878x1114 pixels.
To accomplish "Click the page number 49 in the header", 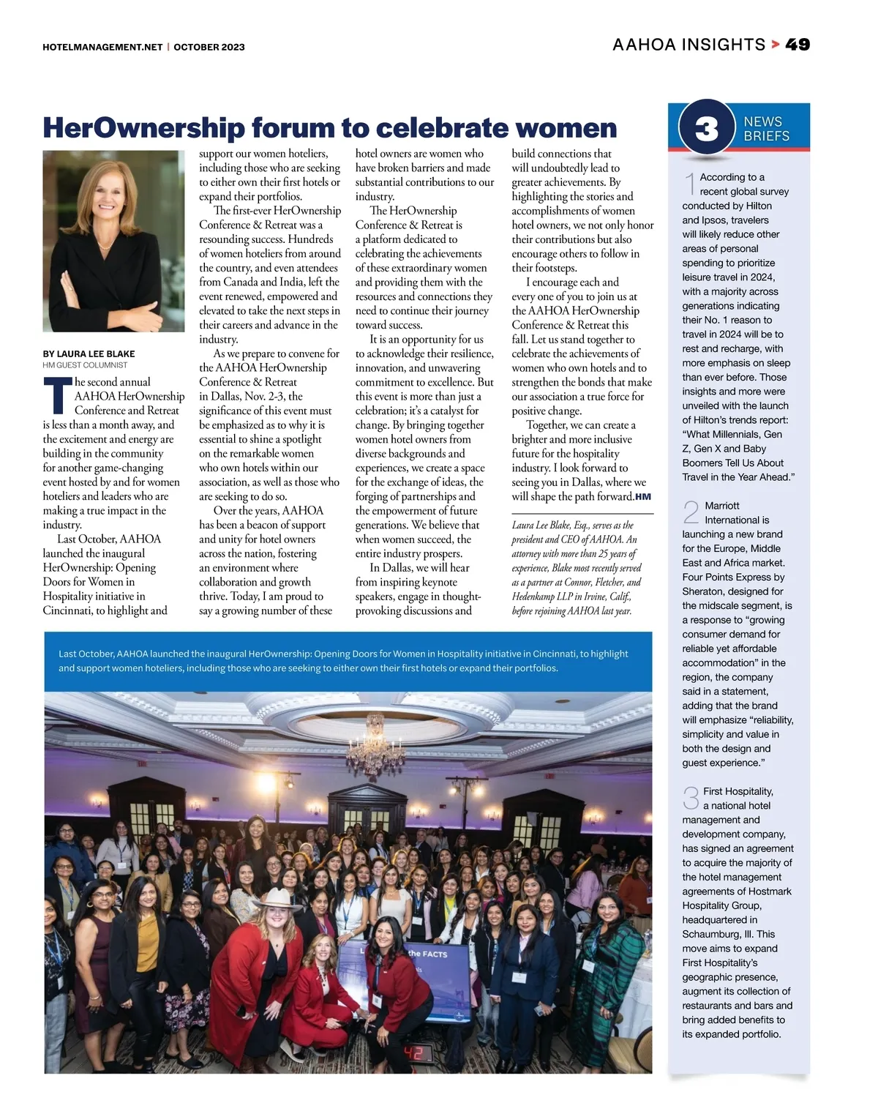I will (798, 45).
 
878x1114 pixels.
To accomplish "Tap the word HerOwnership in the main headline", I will (143, 127).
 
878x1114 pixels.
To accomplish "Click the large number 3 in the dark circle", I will (706, 129).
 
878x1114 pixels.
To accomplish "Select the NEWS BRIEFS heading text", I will (766, 129).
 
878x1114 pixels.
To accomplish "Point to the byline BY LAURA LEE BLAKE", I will (89, 354).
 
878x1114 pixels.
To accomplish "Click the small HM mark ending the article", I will (642, 497).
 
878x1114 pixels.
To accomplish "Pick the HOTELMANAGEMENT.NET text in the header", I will (102, 47).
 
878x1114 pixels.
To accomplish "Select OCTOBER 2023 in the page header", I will (209, 47).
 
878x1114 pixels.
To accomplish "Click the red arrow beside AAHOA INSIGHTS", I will (775, 45).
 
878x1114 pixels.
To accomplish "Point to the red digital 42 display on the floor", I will (419, 1054).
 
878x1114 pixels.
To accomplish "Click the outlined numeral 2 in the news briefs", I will (691, 512).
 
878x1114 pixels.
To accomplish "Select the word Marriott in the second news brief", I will (721, 505).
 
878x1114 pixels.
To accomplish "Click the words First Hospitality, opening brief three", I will (738, 791).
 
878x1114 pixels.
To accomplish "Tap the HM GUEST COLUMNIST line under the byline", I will (85, 365).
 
